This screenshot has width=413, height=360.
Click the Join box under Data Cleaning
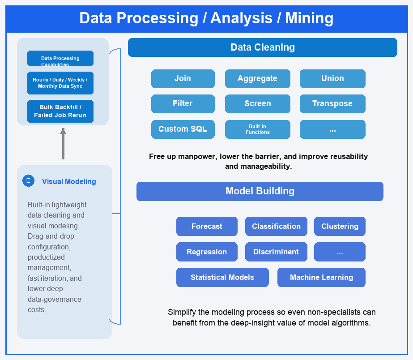(x=183, y=78)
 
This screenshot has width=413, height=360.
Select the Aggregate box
(x=258, y=78)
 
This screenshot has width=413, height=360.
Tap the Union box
(x=332, y=78)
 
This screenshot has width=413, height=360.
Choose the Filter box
(x=183, y=103)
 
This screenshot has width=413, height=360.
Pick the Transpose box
(x=332, y=103)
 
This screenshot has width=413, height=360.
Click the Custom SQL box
(x=183, y=129)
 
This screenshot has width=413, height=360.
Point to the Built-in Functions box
(x=258, y=129)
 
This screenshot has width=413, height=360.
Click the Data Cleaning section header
(x=263, y=47)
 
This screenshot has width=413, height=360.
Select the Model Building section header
(x=260, y=191)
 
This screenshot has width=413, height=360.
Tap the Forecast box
(x=207, y=227)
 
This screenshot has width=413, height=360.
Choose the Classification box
(x=276, y=227)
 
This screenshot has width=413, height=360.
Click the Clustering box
(x=340, y=227)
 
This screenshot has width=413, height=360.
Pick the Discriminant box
(x=276, y=252)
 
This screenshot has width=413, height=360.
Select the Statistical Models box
(x=222, y=277)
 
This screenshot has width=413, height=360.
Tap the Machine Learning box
(x=321, y=277)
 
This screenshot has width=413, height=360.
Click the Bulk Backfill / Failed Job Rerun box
(x=60, y=111)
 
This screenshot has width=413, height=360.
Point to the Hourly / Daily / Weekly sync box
(x=60, y=83)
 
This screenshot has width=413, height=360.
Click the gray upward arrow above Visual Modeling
(x=63, y=144)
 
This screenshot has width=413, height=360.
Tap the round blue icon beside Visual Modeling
(x=29, y=181)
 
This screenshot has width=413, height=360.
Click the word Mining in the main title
(x=309, y=18)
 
